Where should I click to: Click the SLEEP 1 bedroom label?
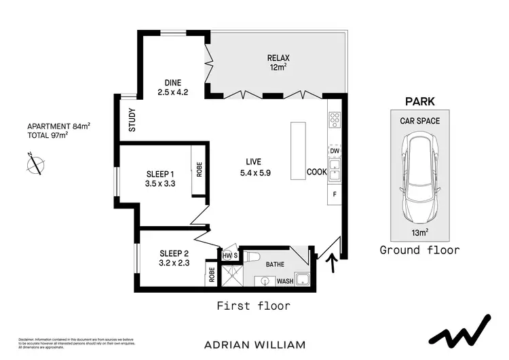160,178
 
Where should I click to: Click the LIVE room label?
255,167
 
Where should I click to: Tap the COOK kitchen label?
317,172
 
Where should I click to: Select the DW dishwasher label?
334,150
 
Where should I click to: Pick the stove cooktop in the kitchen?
334,120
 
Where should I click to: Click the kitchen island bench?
298,151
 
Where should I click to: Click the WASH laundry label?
284,281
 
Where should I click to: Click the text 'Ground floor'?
419,250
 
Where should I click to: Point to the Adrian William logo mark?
461,331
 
